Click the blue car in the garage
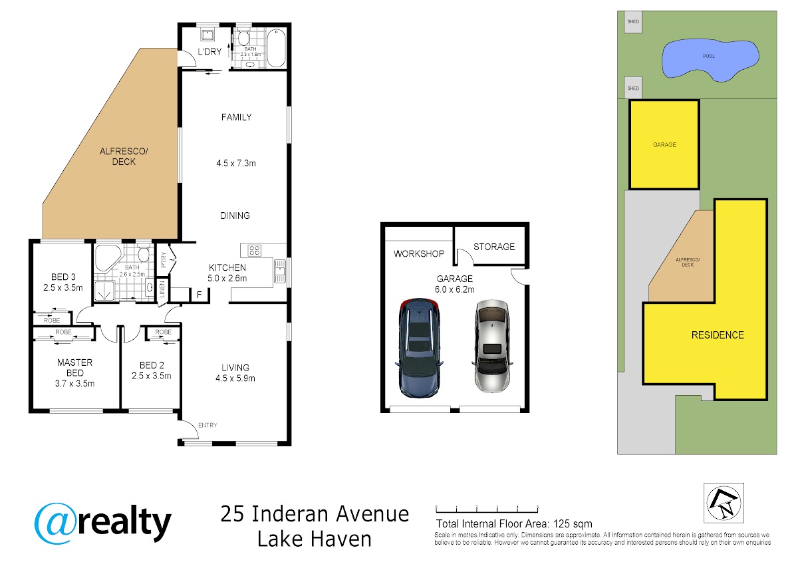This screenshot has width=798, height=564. (419, 348)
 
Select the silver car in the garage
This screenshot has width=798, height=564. (492, 346)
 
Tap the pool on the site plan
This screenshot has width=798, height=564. (710, 60)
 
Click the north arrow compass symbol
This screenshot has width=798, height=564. (724, 503)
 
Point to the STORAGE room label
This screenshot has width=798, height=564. (493, 247)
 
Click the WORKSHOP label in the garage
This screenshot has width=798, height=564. (419, 253)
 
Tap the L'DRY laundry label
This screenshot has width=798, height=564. (209, 52)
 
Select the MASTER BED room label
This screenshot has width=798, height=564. (74, 368)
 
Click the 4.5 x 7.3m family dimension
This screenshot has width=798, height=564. (236, 163)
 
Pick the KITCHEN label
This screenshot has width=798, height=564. (227, 267)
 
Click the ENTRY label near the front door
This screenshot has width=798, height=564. (207, 425)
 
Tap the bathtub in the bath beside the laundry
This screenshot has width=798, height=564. (276, 48)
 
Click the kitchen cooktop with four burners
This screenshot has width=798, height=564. (254, 250)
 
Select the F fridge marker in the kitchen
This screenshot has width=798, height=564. (199, 295)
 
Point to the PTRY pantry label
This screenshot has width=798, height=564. (164, 260)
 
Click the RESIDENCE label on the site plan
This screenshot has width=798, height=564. (718, 335)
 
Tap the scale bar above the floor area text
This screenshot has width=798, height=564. (487, 509)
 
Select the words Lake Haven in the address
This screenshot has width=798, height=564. (314, 539)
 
